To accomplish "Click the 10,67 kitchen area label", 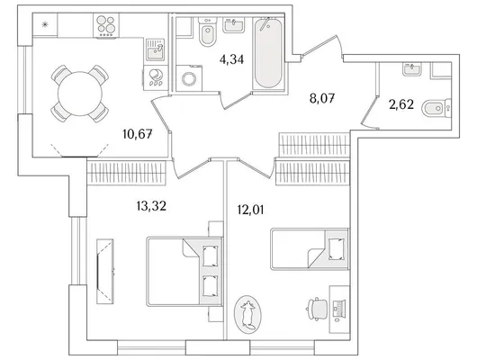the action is coord(138,133).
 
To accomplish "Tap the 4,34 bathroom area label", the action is coord(231,59).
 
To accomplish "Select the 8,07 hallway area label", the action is coord(322,99).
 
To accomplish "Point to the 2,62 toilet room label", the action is coord(401,104).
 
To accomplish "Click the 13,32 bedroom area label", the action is coord(151,206).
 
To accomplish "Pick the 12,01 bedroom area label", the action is coord(250,210).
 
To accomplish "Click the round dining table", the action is coord(80,94).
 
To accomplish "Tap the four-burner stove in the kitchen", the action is coord(106,25).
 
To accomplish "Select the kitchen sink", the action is coord(156,49).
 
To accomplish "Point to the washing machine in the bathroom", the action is coord(189,78).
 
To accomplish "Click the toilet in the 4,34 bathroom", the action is coord(208,31).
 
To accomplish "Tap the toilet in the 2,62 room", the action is coord(436,108).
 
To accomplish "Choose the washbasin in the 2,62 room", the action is coord(412,68).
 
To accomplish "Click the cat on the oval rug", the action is coord(247,315).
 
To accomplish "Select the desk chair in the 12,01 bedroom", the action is coord(317,309).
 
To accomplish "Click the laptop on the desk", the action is coord(338,308).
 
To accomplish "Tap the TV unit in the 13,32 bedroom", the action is coord(105,271).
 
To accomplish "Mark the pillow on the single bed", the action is coord(337,249).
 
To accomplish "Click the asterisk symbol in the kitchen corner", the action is coord(45,24).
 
